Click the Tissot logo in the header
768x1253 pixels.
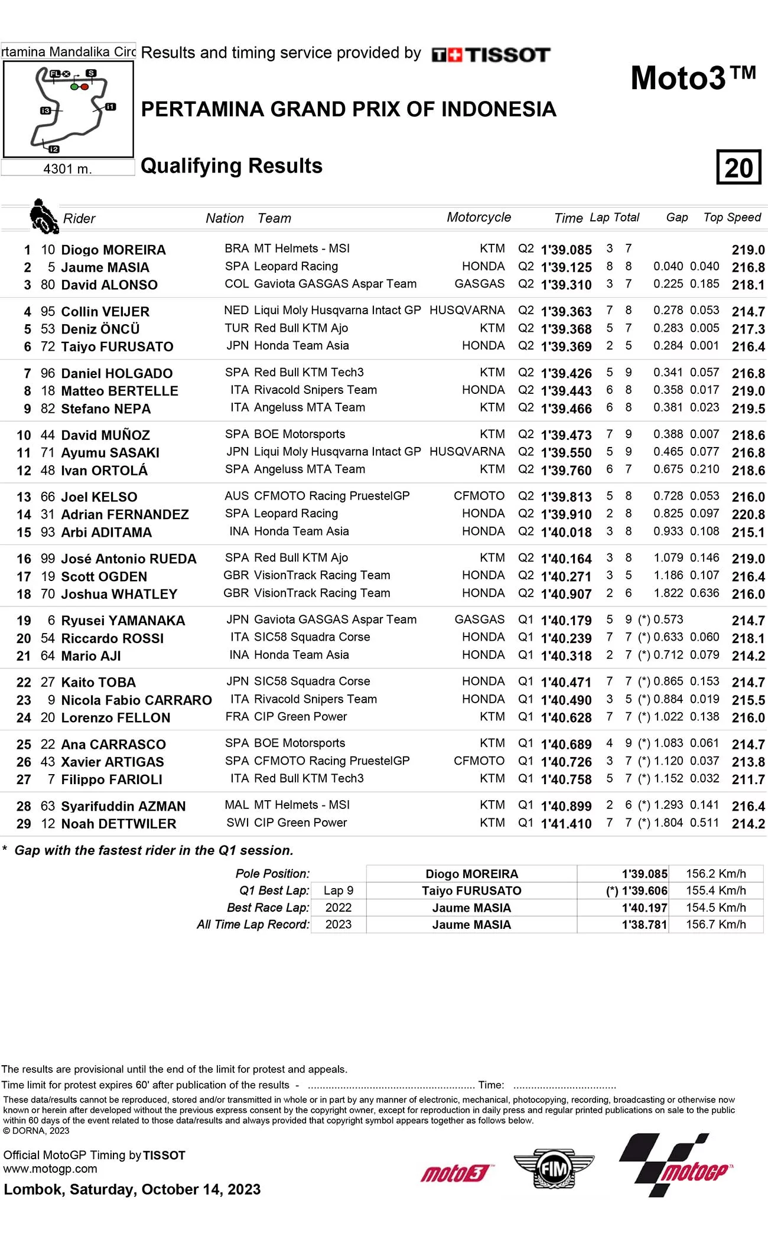tap(491, 55)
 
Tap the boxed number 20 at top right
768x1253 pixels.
tap(738, 168)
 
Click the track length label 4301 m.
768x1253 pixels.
tap(67, 169)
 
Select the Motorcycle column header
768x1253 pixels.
tap(479, 217)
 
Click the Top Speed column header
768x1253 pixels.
tap(732, 217)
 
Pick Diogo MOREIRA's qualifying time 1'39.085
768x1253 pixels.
tap(566, 250)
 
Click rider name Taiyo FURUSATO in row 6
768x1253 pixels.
tap(117, 347)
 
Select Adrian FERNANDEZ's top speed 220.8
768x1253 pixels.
tap(748, 514)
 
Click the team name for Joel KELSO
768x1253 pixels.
tap(331, 496)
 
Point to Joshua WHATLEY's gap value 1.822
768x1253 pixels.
tap(668, 593)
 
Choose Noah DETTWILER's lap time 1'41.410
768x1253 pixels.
tap(566, 824)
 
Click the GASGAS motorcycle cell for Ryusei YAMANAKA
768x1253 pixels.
tap(479, 619)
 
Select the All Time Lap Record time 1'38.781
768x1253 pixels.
tap(644, 925)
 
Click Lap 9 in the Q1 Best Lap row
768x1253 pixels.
tap(339, 890)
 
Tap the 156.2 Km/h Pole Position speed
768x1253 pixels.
tap(715, 873)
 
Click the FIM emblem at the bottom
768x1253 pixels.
tap(554, 1168)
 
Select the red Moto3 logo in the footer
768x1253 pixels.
tap(456, 1173)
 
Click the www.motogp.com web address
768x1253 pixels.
tap(50, 1169)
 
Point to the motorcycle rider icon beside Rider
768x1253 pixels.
tap(43, 216)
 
